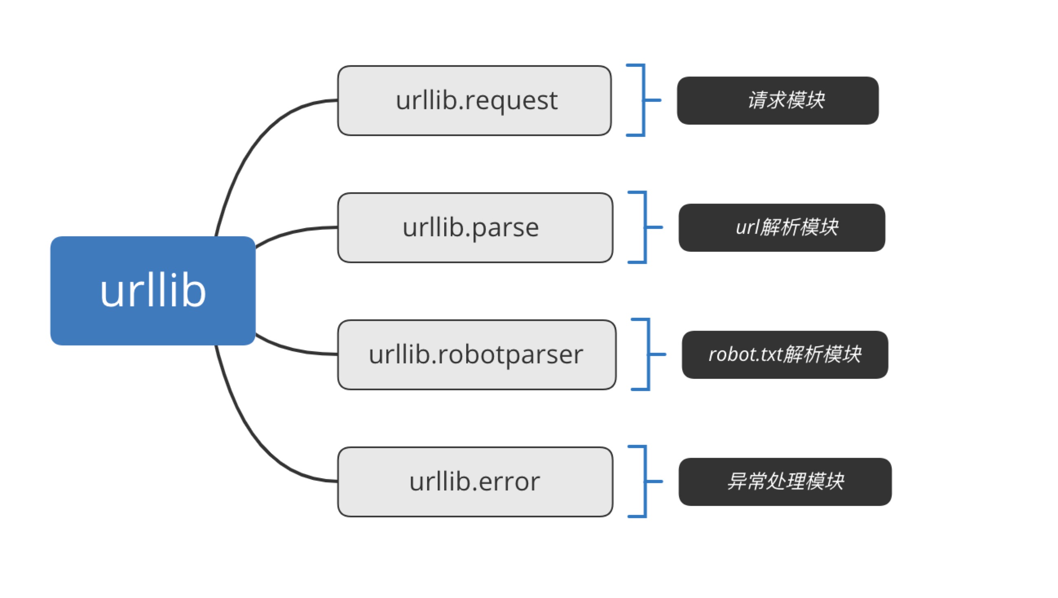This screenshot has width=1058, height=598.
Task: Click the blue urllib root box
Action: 153,290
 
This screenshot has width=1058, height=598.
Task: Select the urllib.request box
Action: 474,101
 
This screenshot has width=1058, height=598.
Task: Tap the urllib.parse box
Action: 475,228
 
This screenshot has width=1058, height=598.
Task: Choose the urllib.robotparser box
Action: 476,354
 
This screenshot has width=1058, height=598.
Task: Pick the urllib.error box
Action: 475,482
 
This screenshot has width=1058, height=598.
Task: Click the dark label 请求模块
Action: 778,101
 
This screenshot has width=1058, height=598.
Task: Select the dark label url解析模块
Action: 782,228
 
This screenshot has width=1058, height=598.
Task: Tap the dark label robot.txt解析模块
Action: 785,354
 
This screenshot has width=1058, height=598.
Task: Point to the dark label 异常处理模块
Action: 785,482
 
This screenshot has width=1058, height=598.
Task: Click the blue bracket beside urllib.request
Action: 644,100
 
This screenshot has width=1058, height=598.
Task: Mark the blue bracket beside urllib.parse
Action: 646,227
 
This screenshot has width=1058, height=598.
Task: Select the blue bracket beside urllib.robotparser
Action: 649,354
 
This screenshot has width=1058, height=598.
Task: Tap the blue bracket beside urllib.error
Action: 646,481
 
